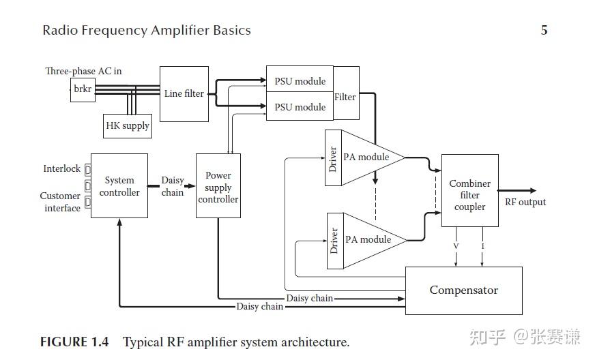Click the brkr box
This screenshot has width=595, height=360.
[x=83, y=90]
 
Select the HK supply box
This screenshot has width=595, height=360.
[x=127, y=126]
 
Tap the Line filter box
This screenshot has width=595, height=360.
[x=184, y=93]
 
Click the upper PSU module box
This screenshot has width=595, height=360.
[x=300, y=81]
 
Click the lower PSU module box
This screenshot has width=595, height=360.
[x=300, y=107]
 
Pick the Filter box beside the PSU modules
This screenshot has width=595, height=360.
[x=345, y=97]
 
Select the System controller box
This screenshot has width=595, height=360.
[x=119, y=186]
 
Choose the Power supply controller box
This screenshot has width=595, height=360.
[x=218, y=186]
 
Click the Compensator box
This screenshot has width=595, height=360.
[x=463, y=290]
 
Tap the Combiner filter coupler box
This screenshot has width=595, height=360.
[x=469, y=195]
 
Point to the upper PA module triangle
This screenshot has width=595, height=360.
[x=368, y=157]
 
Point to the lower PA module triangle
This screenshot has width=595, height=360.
[x=371, y=239]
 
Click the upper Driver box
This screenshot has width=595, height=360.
[x=333, y=157]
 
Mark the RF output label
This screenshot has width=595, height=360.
[x=525, y=202]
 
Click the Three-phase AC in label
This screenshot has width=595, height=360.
[x=83, y=71]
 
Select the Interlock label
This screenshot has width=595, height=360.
[x=62, y=168]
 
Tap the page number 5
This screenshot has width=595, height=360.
[x=544, y=31]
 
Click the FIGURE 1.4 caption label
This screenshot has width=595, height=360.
[x=74, y=342]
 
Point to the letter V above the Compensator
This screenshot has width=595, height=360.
[x=456, y=245]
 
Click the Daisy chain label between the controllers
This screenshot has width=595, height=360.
[x=172, y=186]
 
